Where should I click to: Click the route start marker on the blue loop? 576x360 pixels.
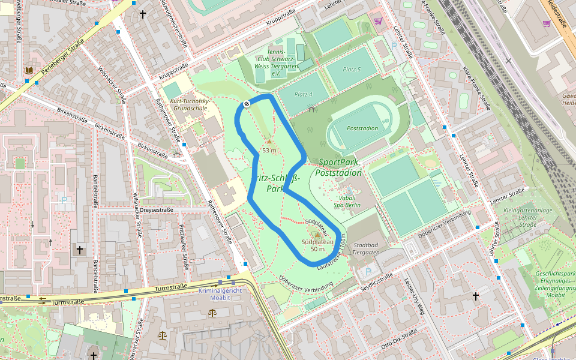[246, 104]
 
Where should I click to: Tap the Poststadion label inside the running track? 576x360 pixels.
[362, 128]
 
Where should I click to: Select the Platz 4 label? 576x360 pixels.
[304, 94]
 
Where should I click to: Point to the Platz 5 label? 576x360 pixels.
[352, 70]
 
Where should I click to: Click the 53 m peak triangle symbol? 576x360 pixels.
[269, 142]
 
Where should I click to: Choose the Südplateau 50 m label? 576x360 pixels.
[313, 245]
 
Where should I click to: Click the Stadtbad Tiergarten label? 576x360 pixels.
[367, 248]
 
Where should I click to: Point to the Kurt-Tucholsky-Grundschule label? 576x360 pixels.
[190, 105]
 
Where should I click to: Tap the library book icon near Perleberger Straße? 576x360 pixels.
[28, 71]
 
